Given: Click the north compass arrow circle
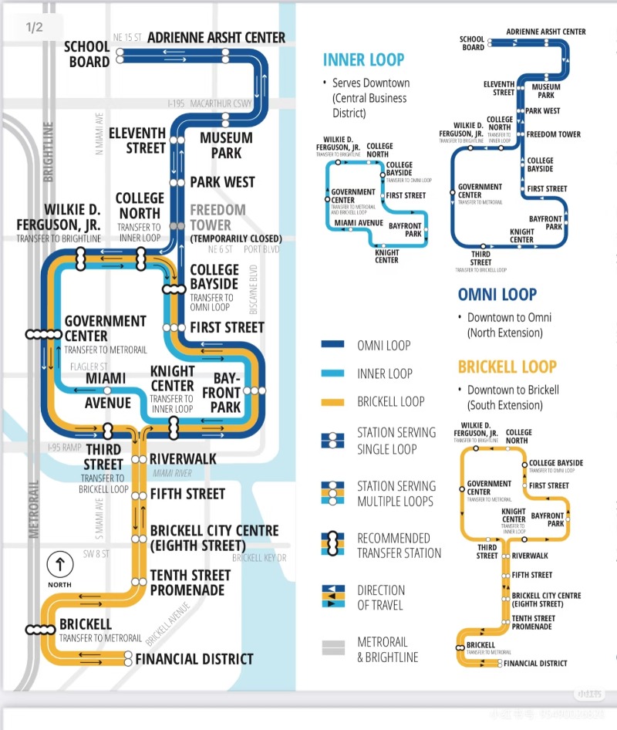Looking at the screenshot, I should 59,565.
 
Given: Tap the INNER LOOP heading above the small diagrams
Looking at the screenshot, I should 363,60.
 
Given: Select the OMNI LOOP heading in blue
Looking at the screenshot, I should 497,294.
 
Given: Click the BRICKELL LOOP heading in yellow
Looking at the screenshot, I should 507,367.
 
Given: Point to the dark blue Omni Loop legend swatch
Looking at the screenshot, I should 332,345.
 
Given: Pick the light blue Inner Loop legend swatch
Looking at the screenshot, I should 332,373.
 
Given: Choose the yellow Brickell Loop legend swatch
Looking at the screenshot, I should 332,401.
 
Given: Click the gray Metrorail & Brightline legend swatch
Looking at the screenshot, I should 332,649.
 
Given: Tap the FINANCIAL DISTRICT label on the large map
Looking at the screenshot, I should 194,659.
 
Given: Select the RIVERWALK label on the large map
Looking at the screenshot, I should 183,459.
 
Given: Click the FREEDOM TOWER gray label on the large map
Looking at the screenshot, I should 217,218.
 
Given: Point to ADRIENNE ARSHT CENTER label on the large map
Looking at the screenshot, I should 216,37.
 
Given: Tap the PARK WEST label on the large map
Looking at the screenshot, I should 222,182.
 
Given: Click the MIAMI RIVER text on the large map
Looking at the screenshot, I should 172,473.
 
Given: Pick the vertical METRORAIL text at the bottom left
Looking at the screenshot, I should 33,509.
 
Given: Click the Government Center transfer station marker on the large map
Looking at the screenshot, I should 43,334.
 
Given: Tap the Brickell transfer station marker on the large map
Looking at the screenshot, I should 40,630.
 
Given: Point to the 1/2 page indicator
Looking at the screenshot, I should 34,28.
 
